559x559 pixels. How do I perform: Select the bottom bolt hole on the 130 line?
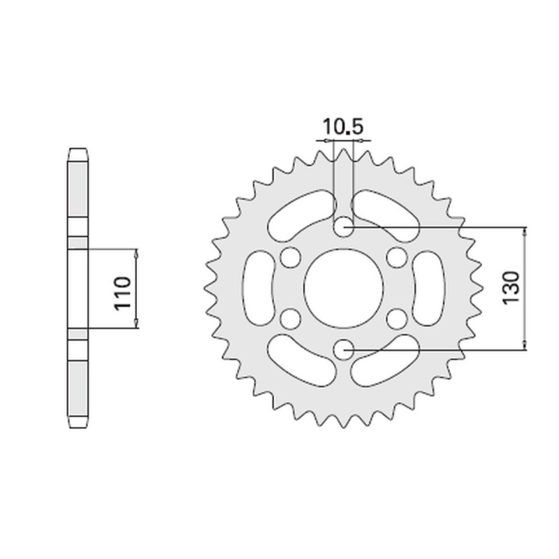343,349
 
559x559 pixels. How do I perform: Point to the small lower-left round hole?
288,319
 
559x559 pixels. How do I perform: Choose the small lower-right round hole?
398,319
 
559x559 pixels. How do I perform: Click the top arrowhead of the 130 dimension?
524,231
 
